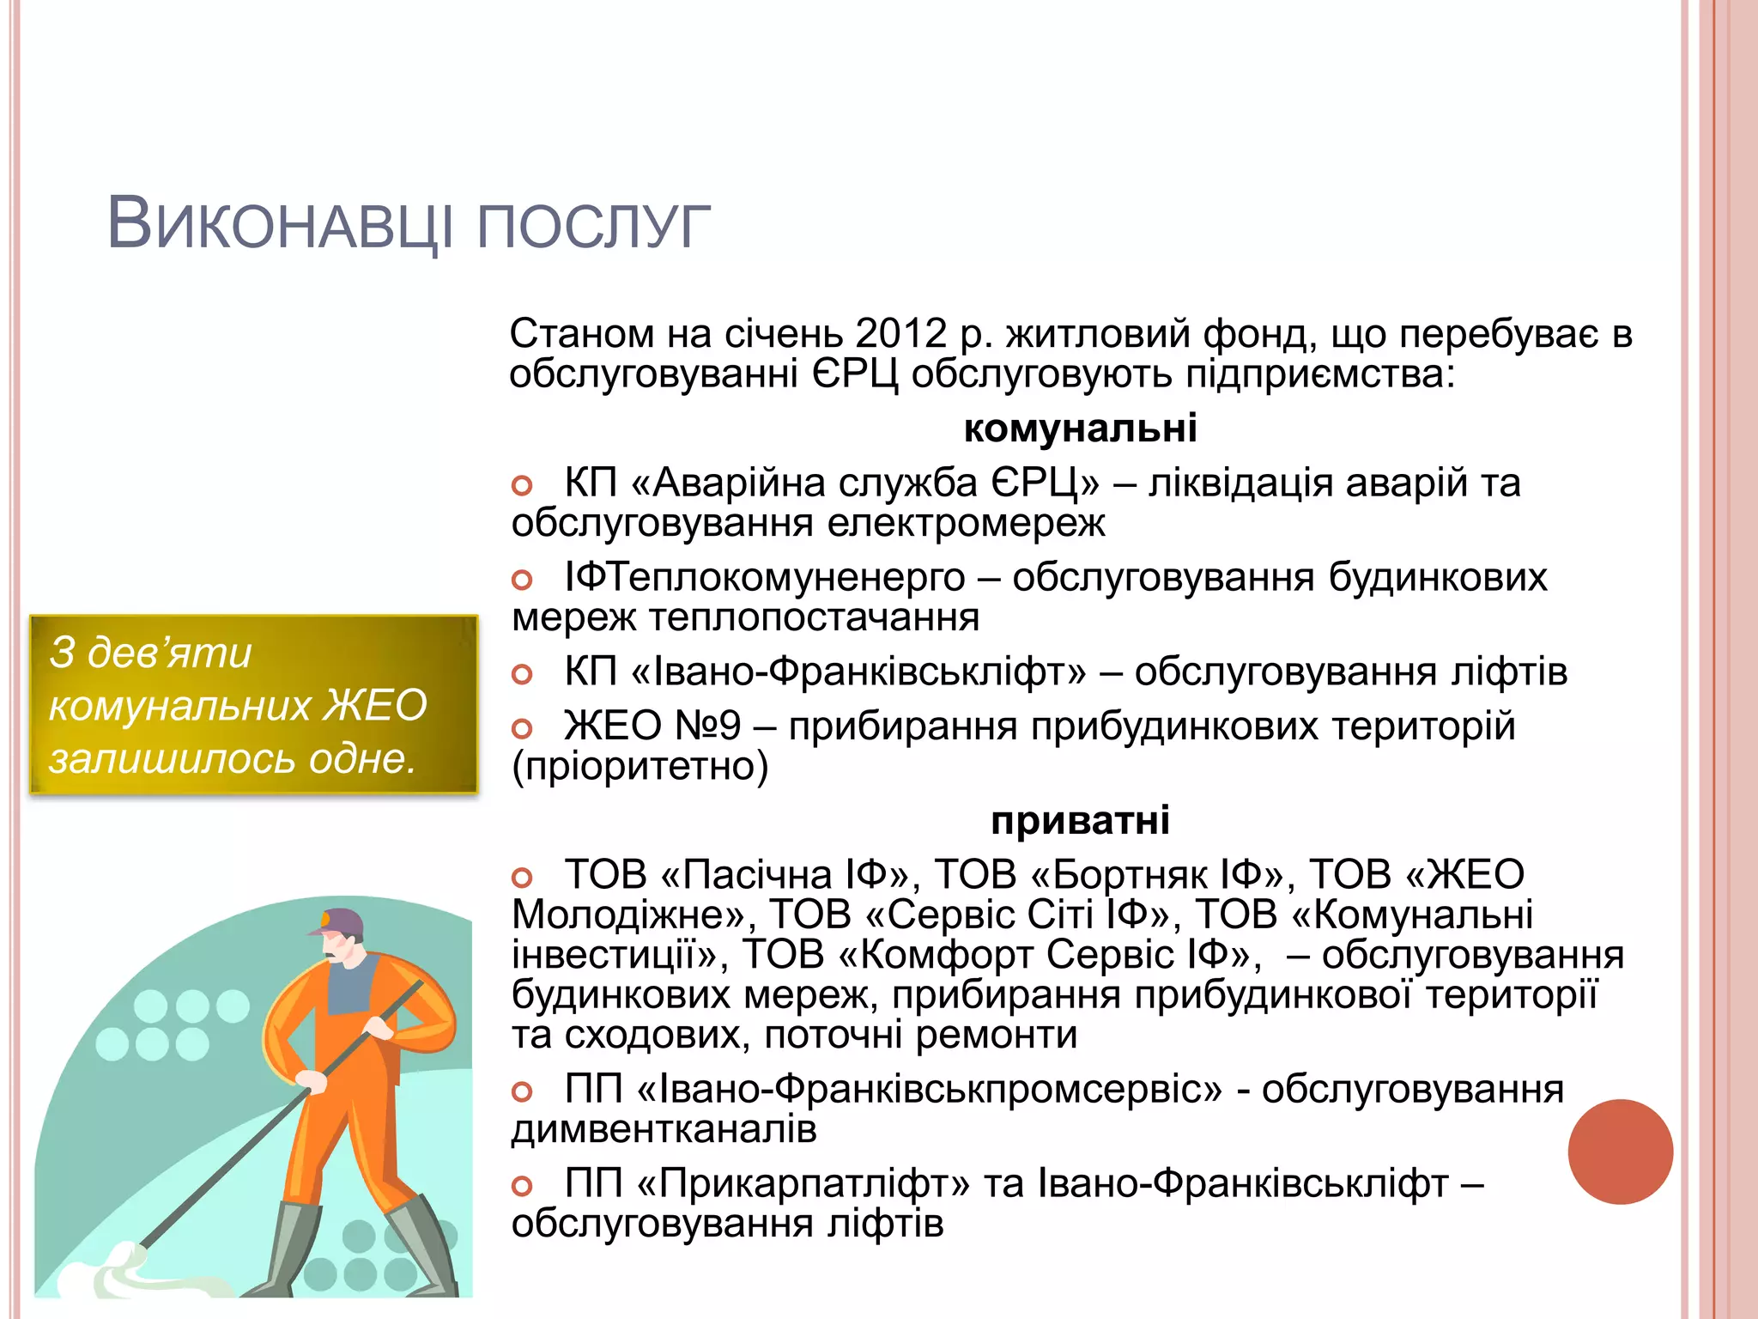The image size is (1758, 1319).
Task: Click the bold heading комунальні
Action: [x=1080, y=428]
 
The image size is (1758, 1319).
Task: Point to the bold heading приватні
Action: [x=1080, y=820]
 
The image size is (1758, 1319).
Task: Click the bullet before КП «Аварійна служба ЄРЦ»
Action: [x=522, y=485]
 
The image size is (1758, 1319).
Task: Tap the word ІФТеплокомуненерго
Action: [x=765, y=577]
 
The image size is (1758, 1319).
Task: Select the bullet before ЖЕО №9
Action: [x=522, y=729]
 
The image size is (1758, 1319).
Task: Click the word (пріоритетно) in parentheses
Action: [x=640, y=766]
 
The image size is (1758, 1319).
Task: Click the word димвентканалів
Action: [x=664, y=1128]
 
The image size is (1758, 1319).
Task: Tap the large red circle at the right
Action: [x=1620, y=1152]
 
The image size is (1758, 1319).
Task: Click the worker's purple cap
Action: [x=339, y=922]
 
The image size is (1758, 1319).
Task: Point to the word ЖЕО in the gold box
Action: [x=374, y=706]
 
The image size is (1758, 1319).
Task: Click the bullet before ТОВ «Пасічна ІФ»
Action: [x=522, y=878]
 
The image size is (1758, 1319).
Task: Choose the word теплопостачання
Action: [x=814, y=617]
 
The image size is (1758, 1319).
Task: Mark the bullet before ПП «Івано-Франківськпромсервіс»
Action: [x=522, y=1091]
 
